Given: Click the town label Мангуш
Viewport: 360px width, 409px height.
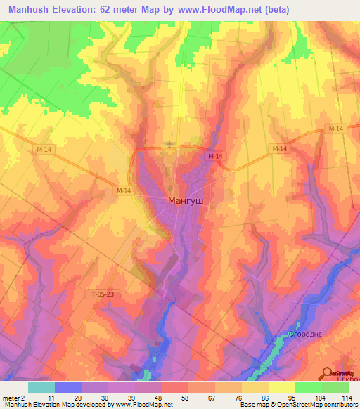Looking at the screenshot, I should point(186,200).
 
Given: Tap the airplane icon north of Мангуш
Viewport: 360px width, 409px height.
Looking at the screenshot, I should point(169,144).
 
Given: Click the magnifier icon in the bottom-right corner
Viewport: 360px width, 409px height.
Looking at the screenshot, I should point(328,372).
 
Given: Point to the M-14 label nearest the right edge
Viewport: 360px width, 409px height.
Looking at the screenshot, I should point(335,129).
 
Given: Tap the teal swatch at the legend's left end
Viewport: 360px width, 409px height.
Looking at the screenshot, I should point(41,387).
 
